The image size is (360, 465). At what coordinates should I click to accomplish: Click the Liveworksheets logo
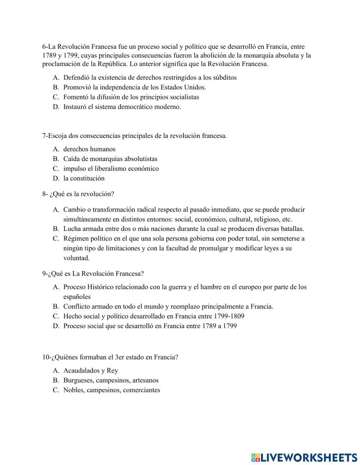tap(304, 457)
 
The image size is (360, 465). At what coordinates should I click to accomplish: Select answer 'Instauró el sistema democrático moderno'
tap(122, 107)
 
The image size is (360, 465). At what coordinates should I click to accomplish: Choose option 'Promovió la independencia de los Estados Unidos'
tap(134, 87)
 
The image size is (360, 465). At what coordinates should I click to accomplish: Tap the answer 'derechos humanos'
tap(89, 149)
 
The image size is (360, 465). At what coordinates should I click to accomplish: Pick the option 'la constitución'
tap(84, 178)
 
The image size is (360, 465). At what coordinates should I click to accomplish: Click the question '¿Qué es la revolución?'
tap(78, 194)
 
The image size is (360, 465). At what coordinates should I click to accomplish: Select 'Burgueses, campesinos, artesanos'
tap(111, 380)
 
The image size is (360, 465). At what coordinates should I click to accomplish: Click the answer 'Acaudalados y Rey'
tap(90, 370)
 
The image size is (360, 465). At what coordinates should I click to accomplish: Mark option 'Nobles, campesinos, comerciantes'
tap(112, 390)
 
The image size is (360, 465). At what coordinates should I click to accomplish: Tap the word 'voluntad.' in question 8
tap(76, 258)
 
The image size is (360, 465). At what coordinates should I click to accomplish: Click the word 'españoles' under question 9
tap(77, 297)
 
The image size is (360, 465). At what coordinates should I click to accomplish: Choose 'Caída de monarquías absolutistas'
tap(110, 158)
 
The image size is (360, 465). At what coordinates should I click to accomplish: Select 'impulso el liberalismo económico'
tap(111, 168)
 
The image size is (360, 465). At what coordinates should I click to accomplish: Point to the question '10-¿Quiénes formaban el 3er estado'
tap(110, 357)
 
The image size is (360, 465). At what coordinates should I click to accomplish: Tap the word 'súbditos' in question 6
tap(225, 77)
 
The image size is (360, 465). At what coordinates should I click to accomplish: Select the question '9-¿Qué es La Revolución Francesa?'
tap(93, 273)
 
